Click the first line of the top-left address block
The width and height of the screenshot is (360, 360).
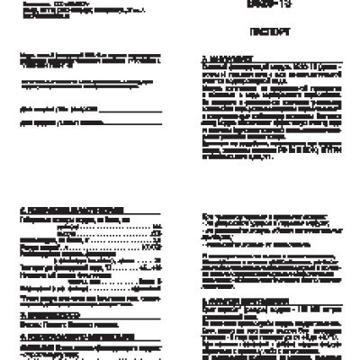[49, 3]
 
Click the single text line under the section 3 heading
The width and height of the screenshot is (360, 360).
[55, 325]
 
